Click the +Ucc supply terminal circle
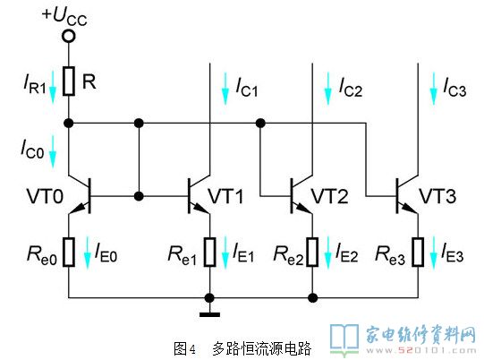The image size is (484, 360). pyautogui.click(x=69, y=36)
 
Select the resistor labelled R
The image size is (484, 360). pyautogui.click(x=69, y=81)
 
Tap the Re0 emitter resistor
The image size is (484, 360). pyautogui.click(x=69, y=252)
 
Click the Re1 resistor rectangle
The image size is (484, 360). pyautogui.click(x=210, y=252)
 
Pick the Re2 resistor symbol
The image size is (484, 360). pyautogui.click(x=312, y=252)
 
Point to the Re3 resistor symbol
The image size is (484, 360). pyautogui.click(x=418, y=252)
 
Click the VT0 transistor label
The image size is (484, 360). pyautogui.click(x=45, y=196)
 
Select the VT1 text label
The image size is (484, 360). pyautogui.click(x=225, y=196)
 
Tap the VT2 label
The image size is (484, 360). pyautogui.click(x=329, y=196)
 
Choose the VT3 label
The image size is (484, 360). pyautogui.click(x=437, y=196)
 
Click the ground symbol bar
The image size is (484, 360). pyautogui.click(x=210, y=315)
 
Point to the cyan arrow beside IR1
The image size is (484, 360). pyautogui.click(x=53, y=87)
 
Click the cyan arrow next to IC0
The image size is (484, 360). pyautogui.click(x=53, y=151)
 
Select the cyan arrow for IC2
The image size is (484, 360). pyautogui.click(x=327, y=89)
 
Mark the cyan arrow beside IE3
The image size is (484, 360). pyautogui.click(x=434, y=253)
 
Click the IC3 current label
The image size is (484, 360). pyautogui.click(x=454, y=88)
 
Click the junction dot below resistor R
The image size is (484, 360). pyautogui.click(x=69, y=124)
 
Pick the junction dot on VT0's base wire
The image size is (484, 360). pyautogui.click(x=139, y=196)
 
